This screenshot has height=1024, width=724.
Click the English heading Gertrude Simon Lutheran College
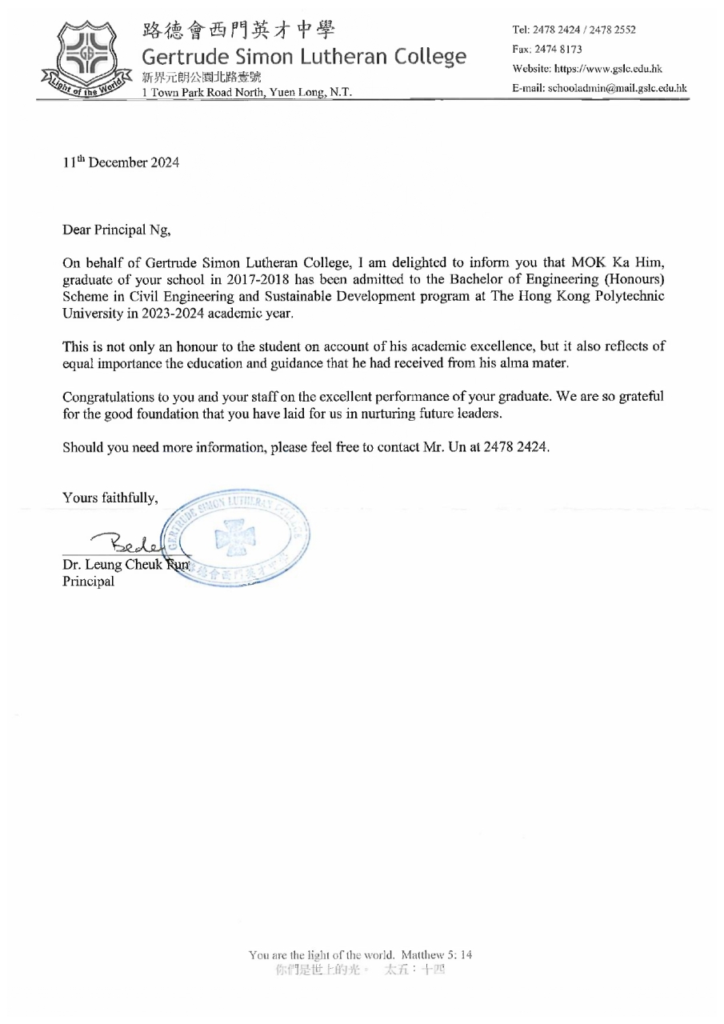(x=304, y=57)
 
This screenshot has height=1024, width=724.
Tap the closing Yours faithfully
(x=110, y=497)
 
